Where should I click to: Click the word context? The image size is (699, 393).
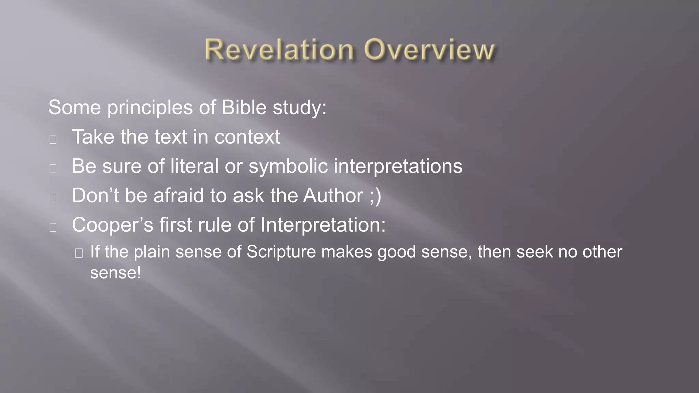pos(247,137)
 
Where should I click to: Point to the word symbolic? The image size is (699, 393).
pos(288,167)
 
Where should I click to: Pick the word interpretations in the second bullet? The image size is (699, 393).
pos(398,167)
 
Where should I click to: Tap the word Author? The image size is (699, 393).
pos(333,196)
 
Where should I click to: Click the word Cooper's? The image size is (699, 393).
pos(113,225)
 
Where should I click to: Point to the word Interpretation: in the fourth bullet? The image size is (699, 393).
pos(323,225)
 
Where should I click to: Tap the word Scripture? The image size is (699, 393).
pos(281,252)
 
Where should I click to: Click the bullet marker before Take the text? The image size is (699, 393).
pos(53,139)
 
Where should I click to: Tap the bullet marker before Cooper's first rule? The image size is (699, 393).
pos(53,227)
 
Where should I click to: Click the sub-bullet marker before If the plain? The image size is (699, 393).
pos(79,253)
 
